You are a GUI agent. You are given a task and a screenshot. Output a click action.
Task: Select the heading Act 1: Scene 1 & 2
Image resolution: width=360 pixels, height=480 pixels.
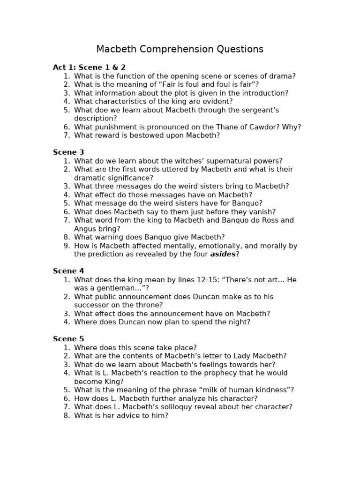[89, 67]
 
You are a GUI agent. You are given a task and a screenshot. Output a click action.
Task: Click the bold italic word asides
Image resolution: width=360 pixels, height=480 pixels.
[223, 254]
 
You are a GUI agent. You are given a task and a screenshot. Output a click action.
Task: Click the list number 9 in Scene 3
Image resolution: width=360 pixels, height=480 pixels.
[67, 246]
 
